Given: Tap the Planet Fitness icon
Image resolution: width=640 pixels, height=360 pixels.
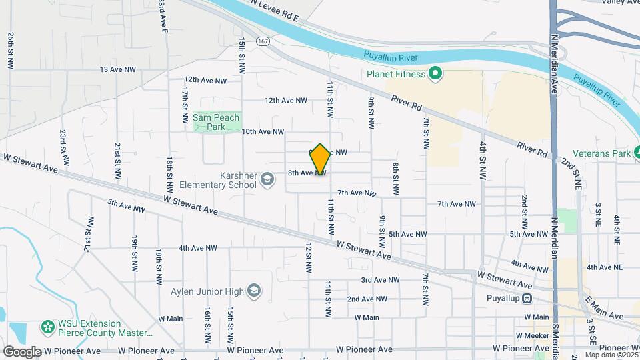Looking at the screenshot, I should [435, 74].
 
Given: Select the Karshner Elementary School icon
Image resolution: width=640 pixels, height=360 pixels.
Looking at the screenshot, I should [267, 179].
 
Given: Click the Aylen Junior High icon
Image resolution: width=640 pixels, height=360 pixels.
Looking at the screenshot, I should [253, 290].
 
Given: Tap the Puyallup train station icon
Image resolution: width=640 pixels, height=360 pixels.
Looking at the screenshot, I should [527, 299].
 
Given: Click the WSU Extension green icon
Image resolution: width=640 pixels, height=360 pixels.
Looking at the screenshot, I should [47, 327].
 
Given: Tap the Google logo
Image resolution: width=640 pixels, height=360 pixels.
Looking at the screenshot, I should [21, 351].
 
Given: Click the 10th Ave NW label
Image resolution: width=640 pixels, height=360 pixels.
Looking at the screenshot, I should [263, 132].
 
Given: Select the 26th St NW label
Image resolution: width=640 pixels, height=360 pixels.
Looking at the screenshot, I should [10, 51].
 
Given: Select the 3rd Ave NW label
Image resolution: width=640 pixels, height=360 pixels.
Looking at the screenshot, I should [380, 280].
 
